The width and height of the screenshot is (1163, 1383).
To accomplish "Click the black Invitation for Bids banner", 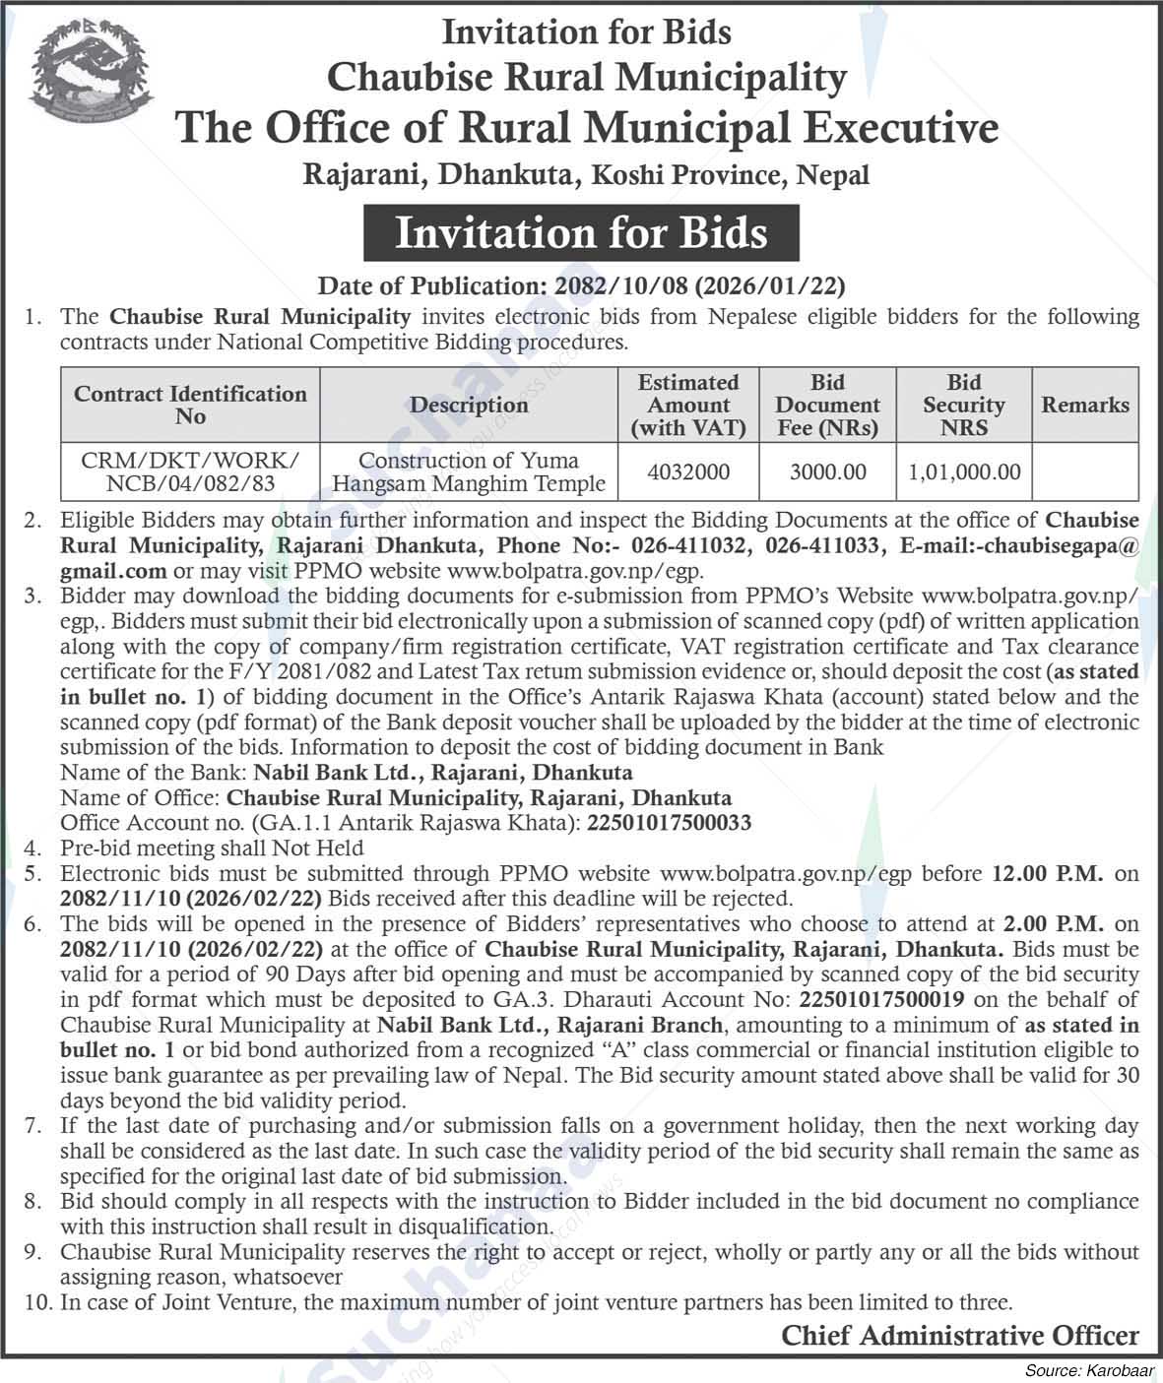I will pyautogui.click(x=581, y=233).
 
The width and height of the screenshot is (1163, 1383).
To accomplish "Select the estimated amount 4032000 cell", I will pyautogui.click(x=688, y=472).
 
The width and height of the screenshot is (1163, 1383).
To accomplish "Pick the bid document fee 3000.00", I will pyautogui.click(x=827, y=472).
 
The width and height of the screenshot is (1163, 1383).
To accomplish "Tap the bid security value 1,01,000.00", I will pyautogui.click(x=963, y=472).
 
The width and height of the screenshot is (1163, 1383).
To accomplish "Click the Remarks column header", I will pyautogui.click(x=1085, y=405).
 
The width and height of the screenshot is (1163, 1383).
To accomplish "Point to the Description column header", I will pyautogui.click(x=469, y=405).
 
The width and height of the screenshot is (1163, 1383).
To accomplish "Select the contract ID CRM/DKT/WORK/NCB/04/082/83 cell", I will pyautogui.click(x=190, y=472).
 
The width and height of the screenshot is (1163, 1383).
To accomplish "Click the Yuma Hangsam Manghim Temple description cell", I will pyautogui.click(x=469, y=472).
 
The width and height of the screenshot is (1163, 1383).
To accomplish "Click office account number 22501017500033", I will pyautogui.click(x=669, y=823).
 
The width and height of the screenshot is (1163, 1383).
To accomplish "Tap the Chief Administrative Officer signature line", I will pyautogui.click(x=959, y=1336).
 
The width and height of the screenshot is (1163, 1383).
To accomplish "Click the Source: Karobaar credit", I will pyautogui.click(x=1088, y=1370).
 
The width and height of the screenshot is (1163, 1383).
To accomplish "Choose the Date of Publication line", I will pyautogui.click(x=581, y=286).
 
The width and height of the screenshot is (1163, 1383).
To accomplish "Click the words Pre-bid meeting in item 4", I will pyautogui.click(x=131, y=849).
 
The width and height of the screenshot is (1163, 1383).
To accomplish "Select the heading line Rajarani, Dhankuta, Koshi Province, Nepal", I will pyautogui.click(x=586, y=176).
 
